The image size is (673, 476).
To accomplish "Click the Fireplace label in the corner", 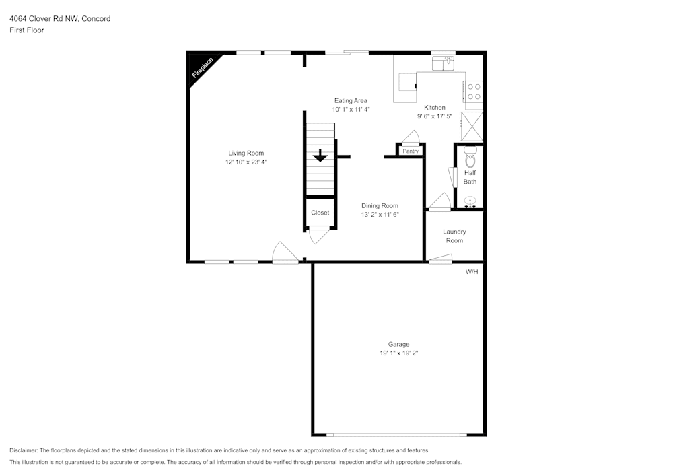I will click(203, 68).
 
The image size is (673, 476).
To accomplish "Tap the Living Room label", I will click(246, 153).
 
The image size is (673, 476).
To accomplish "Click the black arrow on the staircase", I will click(320, 155).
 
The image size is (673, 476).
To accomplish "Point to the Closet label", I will click(320, 213).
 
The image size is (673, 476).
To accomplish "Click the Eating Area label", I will click(351, 100).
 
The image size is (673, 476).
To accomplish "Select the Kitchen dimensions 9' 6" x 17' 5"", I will click(434, 116).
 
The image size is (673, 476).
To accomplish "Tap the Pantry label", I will click(411, 151).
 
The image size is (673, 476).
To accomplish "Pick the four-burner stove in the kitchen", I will click(473, 92).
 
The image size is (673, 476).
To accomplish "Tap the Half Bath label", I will click(470, 177).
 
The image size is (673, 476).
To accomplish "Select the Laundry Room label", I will click(454, 236).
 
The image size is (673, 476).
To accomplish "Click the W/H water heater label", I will click(472, 272).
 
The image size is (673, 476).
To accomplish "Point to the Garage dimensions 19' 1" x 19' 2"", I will click(398, 353).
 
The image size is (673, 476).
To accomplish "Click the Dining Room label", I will click(380, 206).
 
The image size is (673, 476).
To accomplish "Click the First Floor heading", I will click(27, 30).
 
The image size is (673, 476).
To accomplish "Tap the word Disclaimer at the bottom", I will click(24, 450).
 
